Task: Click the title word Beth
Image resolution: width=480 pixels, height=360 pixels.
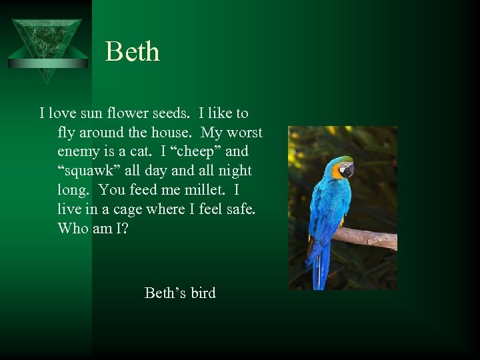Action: coord(133,52)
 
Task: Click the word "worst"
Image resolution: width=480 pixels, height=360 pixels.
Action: coord(243,133)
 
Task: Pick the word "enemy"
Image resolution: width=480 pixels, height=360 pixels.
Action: coord(79,151)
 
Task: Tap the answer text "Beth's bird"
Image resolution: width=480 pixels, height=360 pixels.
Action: coord(180,293)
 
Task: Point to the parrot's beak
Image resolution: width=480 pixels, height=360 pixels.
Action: coord(349,173)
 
